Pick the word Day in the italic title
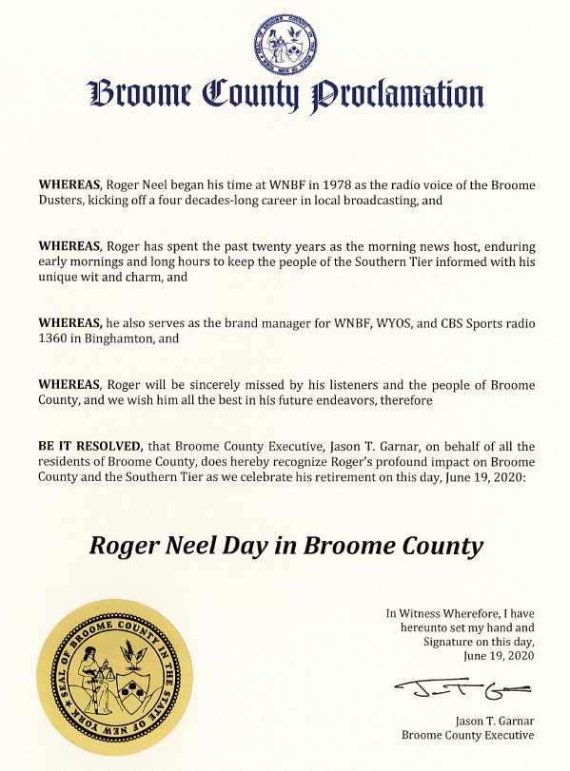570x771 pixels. pyautogui.click(x=246, y=547)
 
